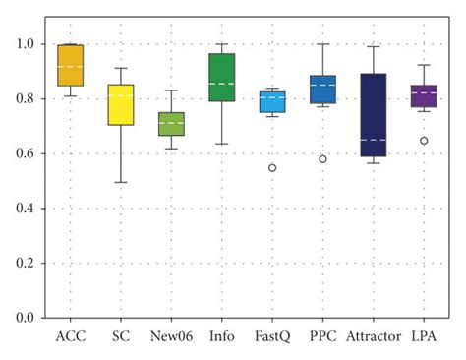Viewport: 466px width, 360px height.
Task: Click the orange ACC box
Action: (71, 65)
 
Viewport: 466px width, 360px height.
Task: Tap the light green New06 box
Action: (172, 124)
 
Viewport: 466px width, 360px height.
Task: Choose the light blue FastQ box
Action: (272, 101)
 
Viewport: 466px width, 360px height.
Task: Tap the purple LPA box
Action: (424, 96)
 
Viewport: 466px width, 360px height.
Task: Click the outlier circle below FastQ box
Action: (272, 168)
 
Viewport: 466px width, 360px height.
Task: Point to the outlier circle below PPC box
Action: (323, 159)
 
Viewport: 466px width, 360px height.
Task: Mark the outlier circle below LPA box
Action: (424, 141)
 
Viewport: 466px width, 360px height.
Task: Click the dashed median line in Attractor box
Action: (374, 140)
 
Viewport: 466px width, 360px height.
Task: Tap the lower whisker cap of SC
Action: (121, 182)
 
